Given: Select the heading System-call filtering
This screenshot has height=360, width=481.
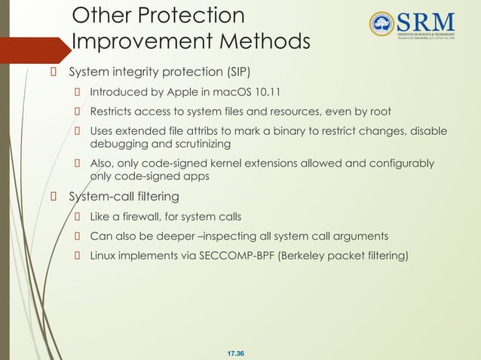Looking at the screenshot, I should click(124, 197).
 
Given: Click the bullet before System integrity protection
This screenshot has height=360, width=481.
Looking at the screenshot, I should click(54, 73).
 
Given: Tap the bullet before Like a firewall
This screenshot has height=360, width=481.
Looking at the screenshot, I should click(77, 217).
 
